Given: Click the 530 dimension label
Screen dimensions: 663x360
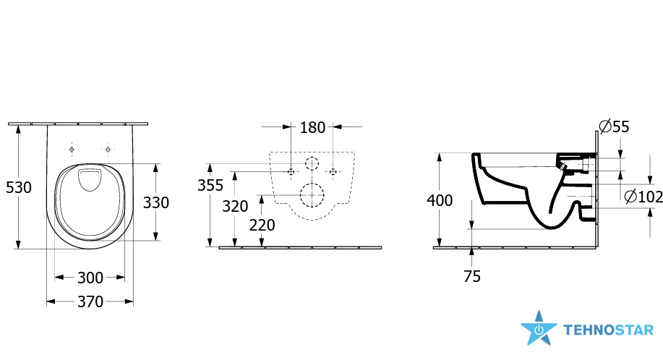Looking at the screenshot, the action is tap(19, 187).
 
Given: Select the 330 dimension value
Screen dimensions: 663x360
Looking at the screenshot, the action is tap(156, 203).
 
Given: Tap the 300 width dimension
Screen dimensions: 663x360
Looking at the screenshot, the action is tap(90, 278).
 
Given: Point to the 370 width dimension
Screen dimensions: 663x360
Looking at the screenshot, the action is tap(90, 301).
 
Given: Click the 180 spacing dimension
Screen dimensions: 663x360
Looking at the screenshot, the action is tap(312, 127).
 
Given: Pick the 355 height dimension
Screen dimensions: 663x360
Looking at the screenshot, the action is tap(210, 185).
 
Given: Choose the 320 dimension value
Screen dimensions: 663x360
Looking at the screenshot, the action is tap(235, 207).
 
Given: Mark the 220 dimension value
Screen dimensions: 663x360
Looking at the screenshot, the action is tap(262, 226).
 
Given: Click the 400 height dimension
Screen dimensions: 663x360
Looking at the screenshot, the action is tap(440, 200).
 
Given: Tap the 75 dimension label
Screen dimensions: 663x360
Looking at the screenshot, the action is tap(472, 276).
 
